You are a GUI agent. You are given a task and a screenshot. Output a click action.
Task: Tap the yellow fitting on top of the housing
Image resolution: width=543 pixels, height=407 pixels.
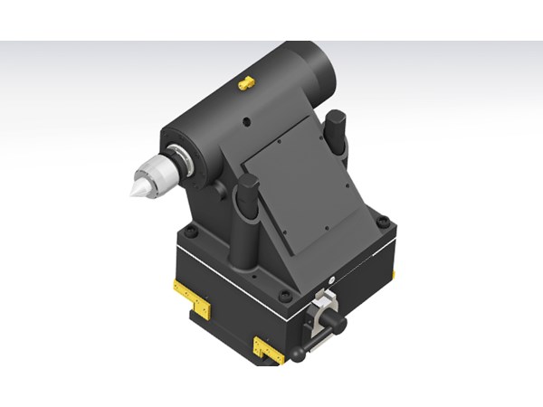[245, 83]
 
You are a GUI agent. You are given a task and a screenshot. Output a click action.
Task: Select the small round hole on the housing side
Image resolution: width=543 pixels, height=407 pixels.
[245, 118]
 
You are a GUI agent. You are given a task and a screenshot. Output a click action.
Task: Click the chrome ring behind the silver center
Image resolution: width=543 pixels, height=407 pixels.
[182, 163]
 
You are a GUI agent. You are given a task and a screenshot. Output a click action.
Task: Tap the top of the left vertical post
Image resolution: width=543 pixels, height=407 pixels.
[248, 184]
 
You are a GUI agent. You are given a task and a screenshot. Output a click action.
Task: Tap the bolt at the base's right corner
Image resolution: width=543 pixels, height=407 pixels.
[384, 221]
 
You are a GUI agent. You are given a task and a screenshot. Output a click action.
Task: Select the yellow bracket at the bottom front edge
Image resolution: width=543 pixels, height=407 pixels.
[269, 348]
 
